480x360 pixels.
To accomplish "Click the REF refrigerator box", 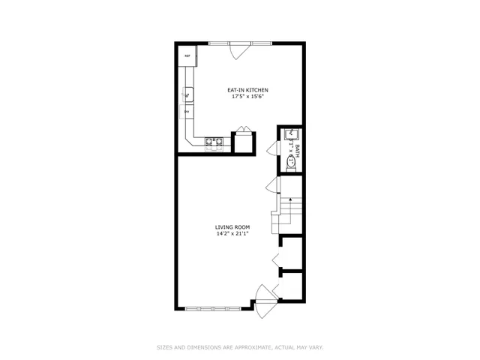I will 187,56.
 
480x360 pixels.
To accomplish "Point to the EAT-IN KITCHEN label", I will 248,91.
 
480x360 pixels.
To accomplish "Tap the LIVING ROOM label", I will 232,226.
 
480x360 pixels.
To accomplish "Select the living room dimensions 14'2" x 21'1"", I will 232,233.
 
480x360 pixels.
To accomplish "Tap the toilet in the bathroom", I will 291,160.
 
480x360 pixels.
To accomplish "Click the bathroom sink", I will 291,136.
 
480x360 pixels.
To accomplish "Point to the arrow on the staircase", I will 291,201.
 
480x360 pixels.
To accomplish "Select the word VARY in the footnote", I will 315,347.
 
